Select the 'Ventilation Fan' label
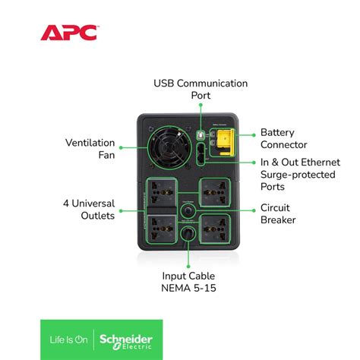pyautogui.click(x=90, y=150)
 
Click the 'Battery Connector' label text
pyautogui.click(x=283, y=138)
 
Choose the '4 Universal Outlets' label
pyautogui.click(x=89, y=209)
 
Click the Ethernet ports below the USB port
pyautogui.click(x=199, y=156)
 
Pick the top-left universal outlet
pyautogui.click(x=162, y=190)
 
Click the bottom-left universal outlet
pyautogui.click(x=162, y=226)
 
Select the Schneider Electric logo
pyautogui.click(x=128, y=339)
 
